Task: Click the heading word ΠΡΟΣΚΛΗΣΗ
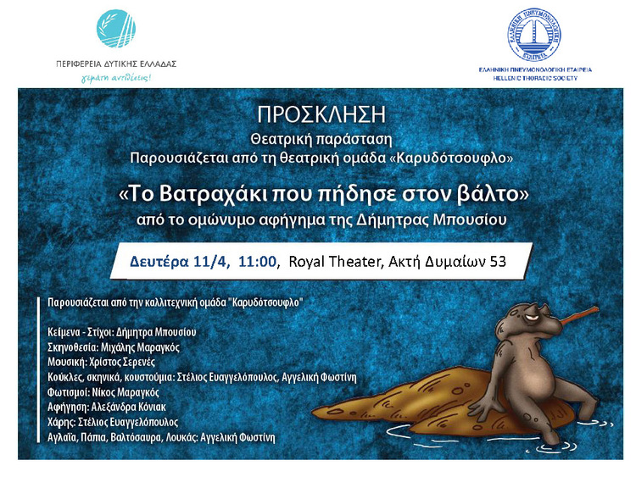click(321, 114)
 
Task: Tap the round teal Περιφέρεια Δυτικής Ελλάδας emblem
click(116, 29)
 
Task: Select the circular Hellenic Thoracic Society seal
click(534, 35)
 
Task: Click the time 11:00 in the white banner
click(257, 262)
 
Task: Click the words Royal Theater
click(336, 262)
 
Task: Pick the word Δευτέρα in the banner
click(159, 262)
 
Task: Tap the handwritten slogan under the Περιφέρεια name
click(116, 77)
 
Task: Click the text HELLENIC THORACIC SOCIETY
click(535, 78)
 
